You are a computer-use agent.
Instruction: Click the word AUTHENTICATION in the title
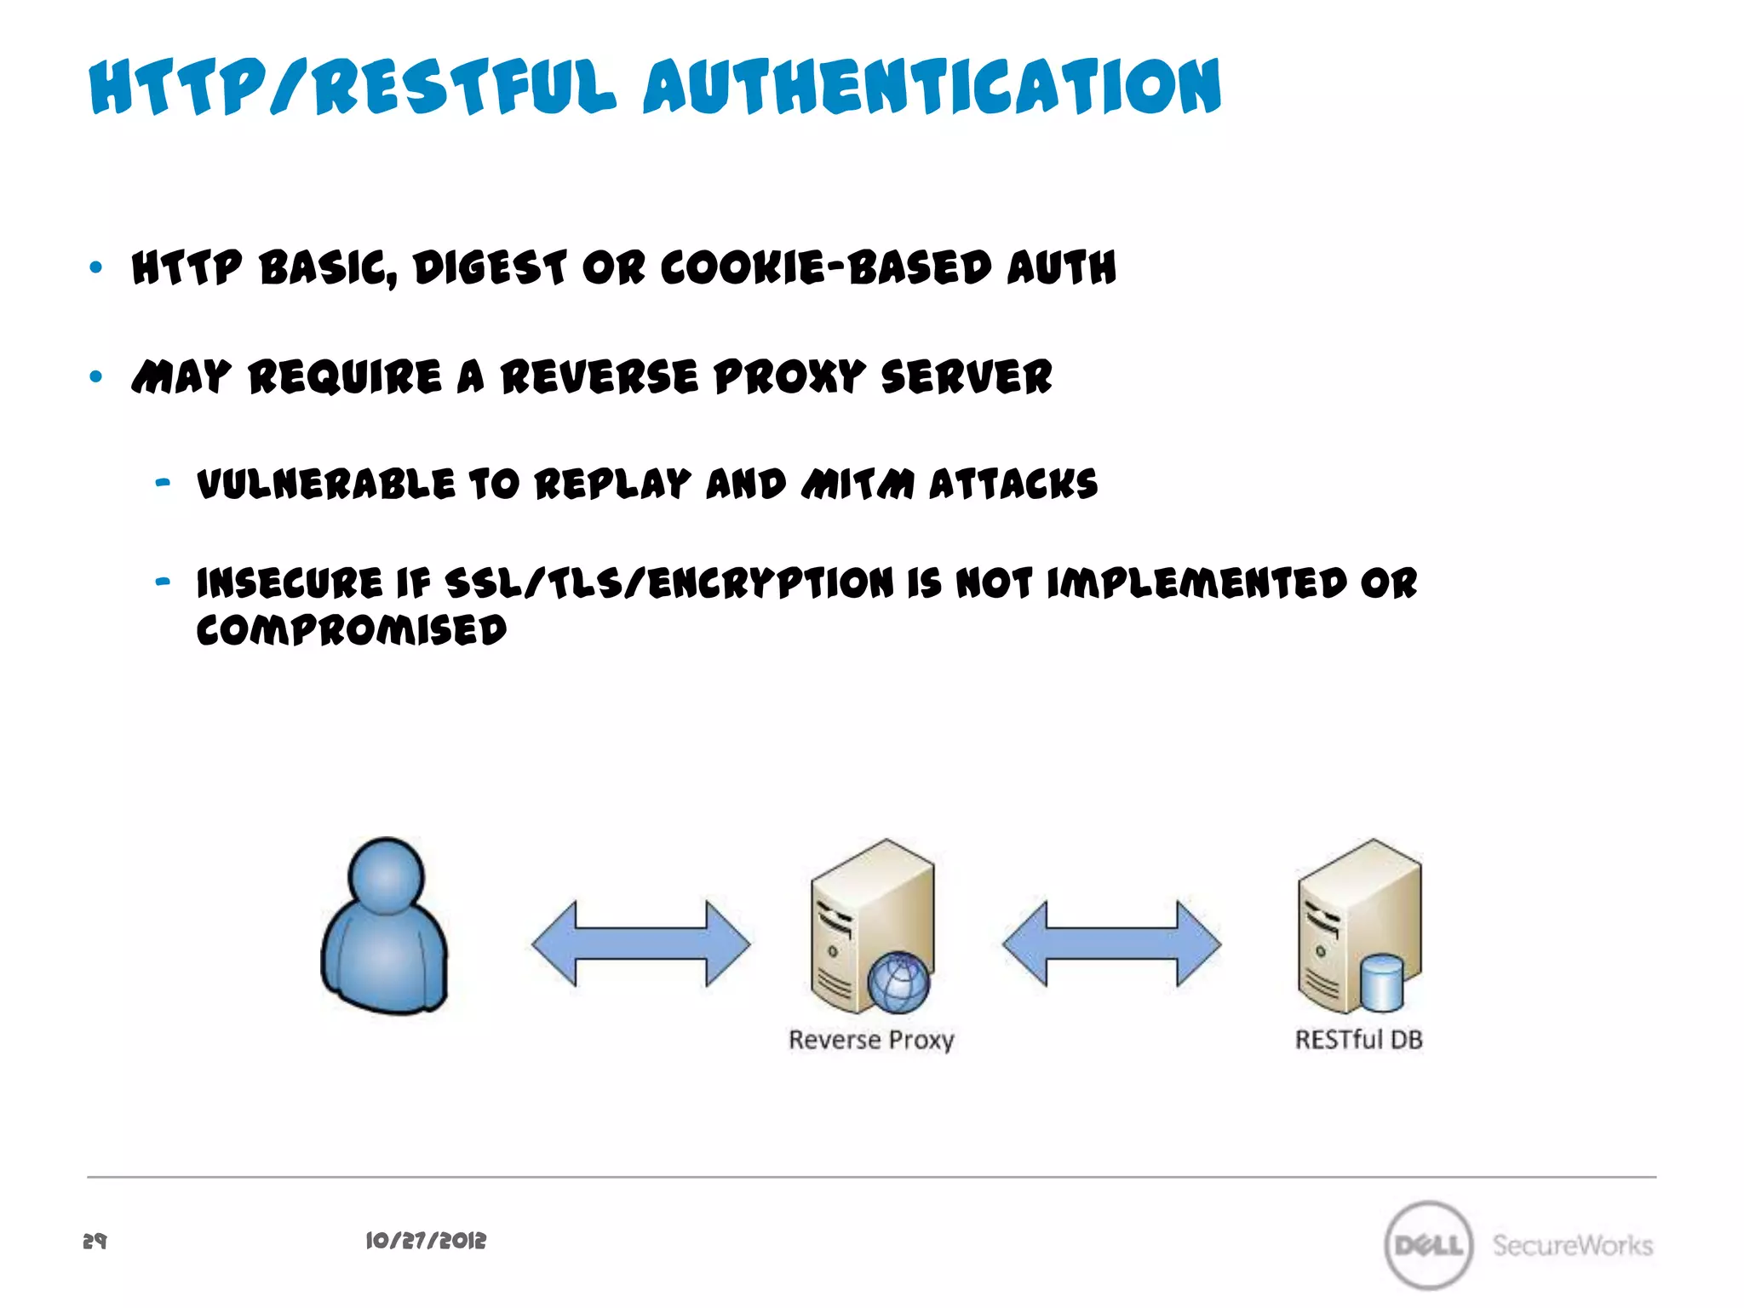932,87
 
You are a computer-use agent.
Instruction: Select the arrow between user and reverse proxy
640,944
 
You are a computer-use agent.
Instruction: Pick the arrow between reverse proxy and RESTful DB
1111,944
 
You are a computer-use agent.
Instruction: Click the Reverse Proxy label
871,1040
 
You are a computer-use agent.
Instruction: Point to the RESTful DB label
1358,1040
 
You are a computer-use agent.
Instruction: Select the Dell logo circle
1429,1245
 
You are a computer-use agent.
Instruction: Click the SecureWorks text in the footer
1572,1245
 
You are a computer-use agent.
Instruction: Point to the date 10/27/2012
426,1241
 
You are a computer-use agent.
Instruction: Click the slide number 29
95,1241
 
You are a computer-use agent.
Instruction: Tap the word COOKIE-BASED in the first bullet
826,268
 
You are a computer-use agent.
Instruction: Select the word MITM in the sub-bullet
858,485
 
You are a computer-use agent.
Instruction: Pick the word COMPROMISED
352,631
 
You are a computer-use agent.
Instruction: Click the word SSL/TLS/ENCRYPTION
669,584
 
